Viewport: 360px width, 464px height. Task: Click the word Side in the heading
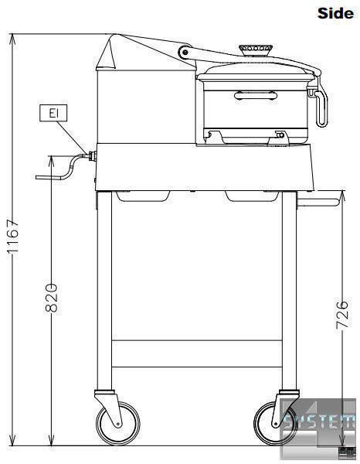(335, 13)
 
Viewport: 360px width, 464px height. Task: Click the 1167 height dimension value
(13, 236)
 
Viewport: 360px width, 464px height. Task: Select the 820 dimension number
(52, 298)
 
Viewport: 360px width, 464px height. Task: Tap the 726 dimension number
(342, 315)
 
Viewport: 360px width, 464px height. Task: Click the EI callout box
(53, 113)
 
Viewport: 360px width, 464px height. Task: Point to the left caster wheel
(118, 423)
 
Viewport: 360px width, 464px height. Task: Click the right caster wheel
(276, 423)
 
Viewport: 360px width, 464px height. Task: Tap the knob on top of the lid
(256, 49)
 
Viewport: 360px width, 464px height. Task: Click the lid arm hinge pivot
(185, 53)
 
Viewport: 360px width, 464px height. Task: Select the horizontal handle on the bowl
(256, 96)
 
